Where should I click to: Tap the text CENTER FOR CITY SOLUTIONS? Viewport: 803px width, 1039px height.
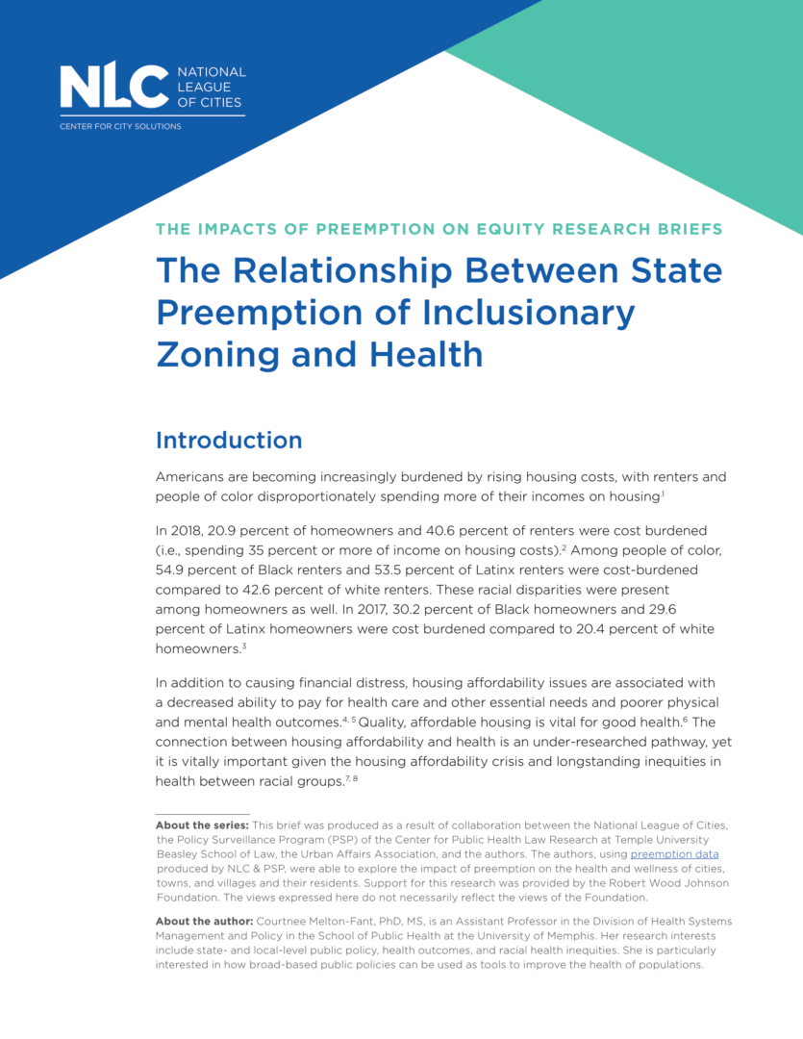120,126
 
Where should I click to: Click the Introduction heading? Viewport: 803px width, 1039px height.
229,441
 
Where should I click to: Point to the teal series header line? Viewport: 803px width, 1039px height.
439,229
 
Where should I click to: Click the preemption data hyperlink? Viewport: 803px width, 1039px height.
674,854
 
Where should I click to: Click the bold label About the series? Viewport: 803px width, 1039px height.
202,825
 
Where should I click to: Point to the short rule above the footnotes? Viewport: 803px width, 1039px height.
202,814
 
